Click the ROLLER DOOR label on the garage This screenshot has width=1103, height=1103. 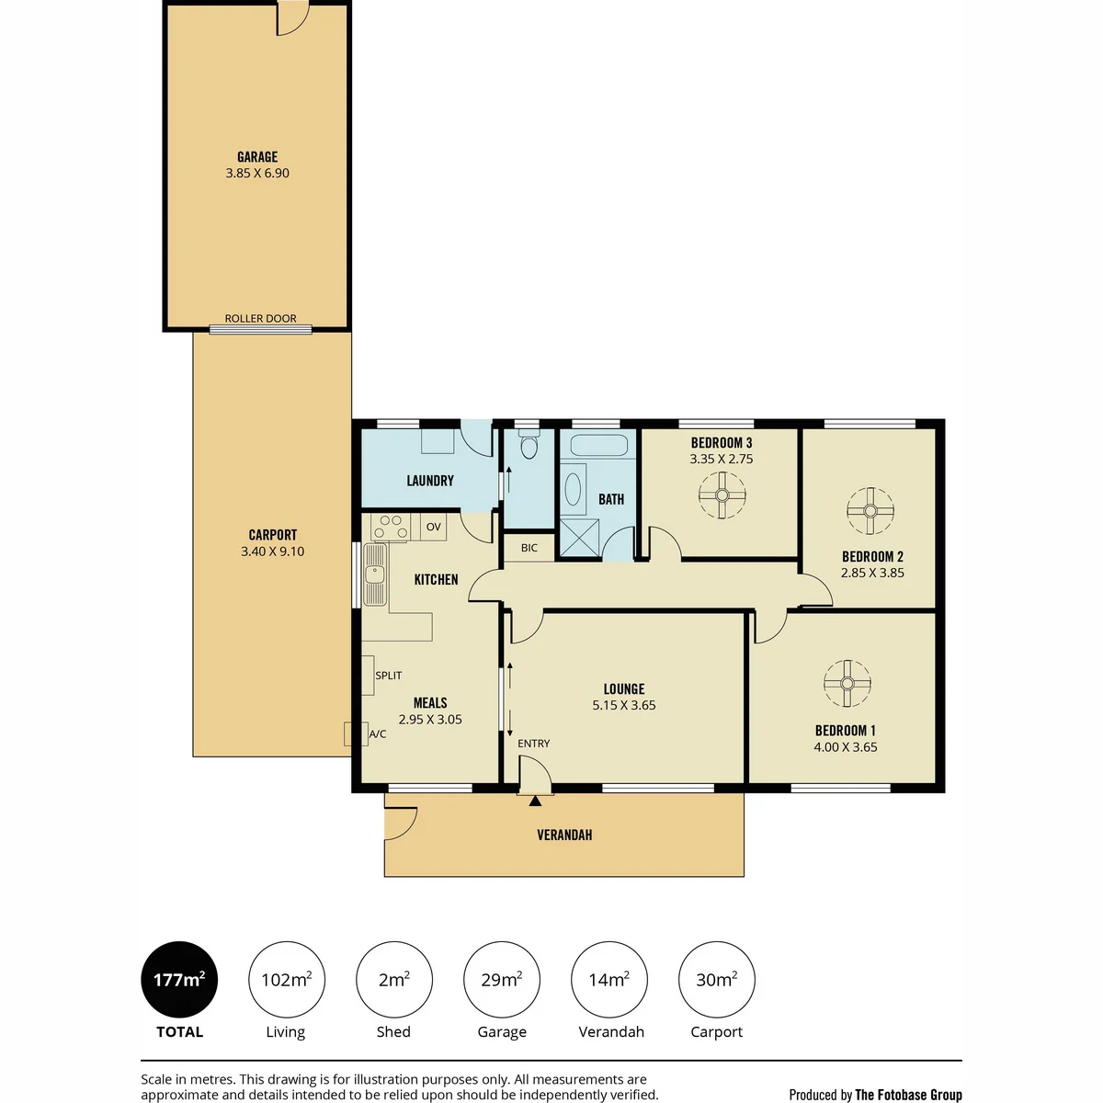coord(260,318)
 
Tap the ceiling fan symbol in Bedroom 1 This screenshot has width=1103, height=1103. coord(847,684)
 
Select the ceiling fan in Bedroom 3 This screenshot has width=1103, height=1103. coord(722,495)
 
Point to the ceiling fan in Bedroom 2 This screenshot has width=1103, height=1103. coord(870,510)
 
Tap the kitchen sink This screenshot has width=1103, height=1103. coord(375,574)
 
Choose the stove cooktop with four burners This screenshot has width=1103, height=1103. coord(391,527)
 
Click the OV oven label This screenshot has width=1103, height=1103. coord(433,527)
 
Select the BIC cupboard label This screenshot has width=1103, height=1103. coord(529,548)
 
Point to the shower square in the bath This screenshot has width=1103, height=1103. coord(579,538)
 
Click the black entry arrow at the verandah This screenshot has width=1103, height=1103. coord(535,802)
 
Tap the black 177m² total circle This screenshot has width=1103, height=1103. coord(179,979)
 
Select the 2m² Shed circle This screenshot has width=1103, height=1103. coord(393,979)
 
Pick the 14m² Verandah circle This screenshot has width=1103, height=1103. coord(609,979)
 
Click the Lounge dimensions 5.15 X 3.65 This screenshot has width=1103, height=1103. coord(624,705)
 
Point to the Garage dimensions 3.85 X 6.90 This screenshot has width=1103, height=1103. coord(257,173)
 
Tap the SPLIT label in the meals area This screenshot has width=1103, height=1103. coord(388,676)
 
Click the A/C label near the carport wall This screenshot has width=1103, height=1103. coord(377,733)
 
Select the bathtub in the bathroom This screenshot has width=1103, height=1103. coord(599,445)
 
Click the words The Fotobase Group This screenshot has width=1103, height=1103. coord(908,1095)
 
